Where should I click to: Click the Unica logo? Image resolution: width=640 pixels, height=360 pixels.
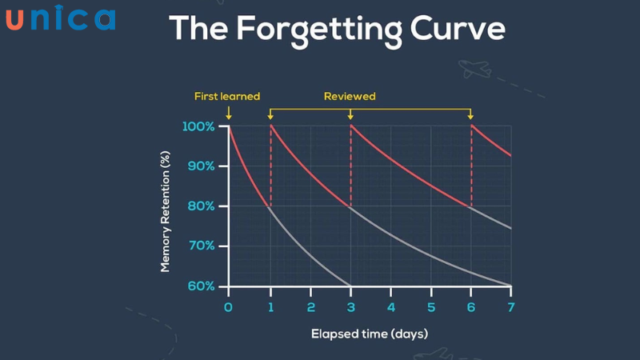pyautogui.click(x=60, y=18)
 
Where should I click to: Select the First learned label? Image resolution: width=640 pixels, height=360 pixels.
pyautogui.click(x=227, y=96)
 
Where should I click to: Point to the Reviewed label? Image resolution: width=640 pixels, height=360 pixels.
pyautogui.click(x=350, y=96)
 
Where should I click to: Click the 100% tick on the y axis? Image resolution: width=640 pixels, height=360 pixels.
pyautogui.click(x=198, y=126)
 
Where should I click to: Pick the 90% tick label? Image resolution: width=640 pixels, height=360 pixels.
pyautogui.click(x=200, y=166)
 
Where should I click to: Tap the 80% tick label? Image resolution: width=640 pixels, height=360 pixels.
pyautogui.click(x=200, y=206)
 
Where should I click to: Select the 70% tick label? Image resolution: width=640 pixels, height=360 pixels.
pyautogui.click(x=200, y=246)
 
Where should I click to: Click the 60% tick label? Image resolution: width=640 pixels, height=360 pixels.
pyautogui.click(x=200, y=286)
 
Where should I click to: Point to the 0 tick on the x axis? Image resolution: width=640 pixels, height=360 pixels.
pyautogui.click(x=228, y=307)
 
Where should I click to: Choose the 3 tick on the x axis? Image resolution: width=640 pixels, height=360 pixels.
pyautogui.click(x=350, y=307)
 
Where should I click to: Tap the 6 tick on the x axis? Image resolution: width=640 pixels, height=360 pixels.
pyautogui.click(x=471, y=307)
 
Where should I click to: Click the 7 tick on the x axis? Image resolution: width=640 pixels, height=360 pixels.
pyautogui.click(x=511, y=307)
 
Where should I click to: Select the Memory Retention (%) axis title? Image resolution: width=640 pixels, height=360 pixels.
pyautogui.click(x=166, y=206)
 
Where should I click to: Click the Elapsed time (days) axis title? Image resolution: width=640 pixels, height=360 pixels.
pyautogui.click(x=370, y=333)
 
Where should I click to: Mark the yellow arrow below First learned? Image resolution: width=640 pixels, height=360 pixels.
pyautogui.click(x=229, y=114)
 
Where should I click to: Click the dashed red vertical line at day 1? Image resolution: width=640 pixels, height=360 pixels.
pyautogui.click(x=270, y=168)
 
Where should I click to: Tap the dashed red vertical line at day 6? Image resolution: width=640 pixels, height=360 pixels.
pyautogui.click(x=471, y=168)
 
